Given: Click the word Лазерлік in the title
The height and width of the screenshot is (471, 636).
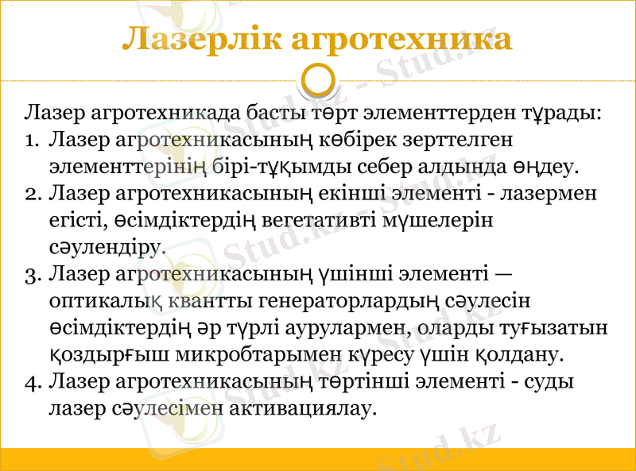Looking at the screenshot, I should click(x=203, y=39).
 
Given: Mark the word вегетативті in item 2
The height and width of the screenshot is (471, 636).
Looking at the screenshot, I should click(x=315, y=221).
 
